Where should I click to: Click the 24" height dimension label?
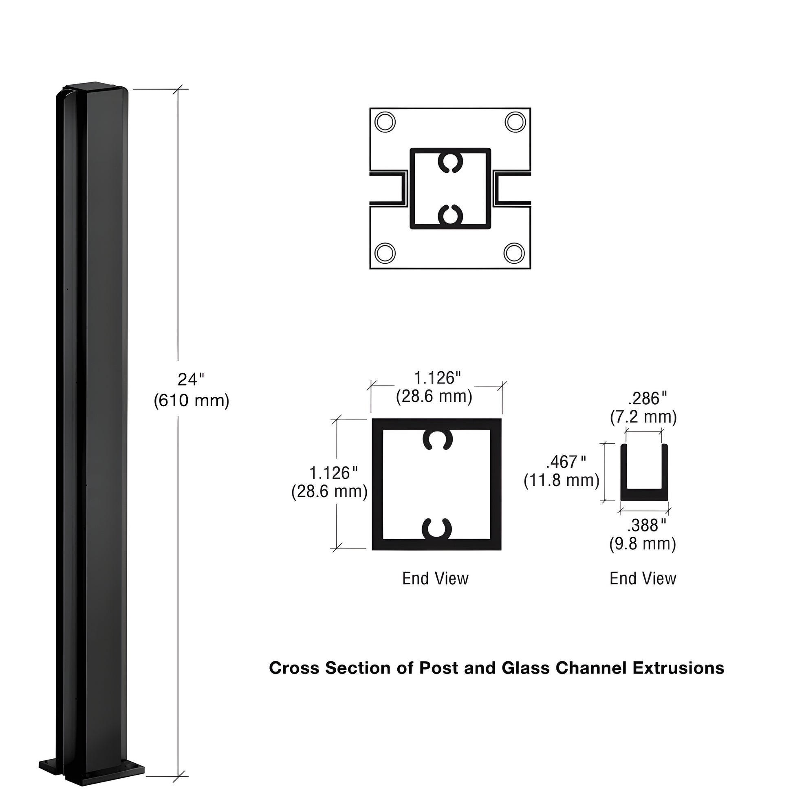coord(190,380)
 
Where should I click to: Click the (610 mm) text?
coord(191,400)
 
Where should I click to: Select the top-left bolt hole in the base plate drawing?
coord(385,122)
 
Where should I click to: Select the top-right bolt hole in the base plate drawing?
coord(515,122)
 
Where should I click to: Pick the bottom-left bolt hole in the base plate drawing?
coord(385,253)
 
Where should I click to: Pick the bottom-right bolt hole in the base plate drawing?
coord(514,253)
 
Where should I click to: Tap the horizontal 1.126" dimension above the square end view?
coord(437,378)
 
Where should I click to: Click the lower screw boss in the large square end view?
coord(437,529)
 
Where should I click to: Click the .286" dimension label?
coord(647,399)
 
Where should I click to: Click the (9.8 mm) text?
coord(642,544)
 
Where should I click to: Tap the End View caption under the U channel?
coord(642,578)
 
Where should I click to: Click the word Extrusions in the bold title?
coord(678,668)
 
